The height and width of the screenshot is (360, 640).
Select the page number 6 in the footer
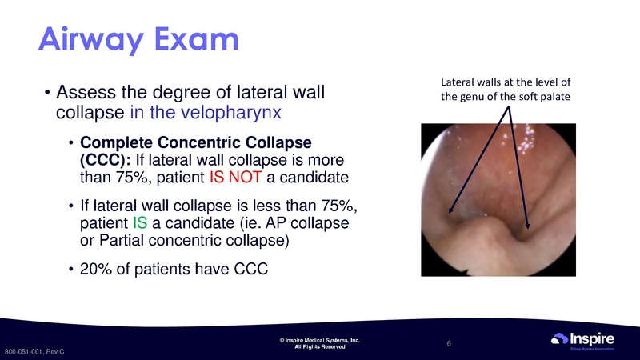(450, 344)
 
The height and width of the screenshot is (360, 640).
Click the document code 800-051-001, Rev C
(34, 352)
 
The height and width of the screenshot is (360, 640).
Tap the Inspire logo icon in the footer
(561, 341)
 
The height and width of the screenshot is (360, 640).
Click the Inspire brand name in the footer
(594, 338)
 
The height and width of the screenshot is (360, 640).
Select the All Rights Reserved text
(320, 348)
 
